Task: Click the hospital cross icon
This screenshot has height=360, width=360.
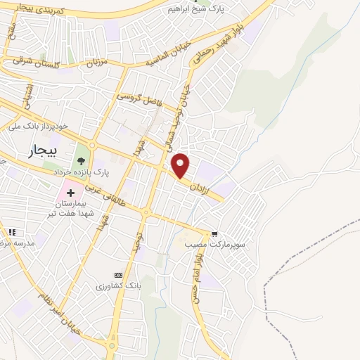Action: pyautogui.click(x=71, y=193)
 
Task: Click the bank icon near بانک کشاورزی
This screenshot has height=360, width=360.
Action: pyautogui.click(x=118, y=275)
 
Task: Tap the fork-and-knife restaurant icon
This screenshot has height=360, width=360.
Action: pyautogui.click(x=11, y=232)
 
